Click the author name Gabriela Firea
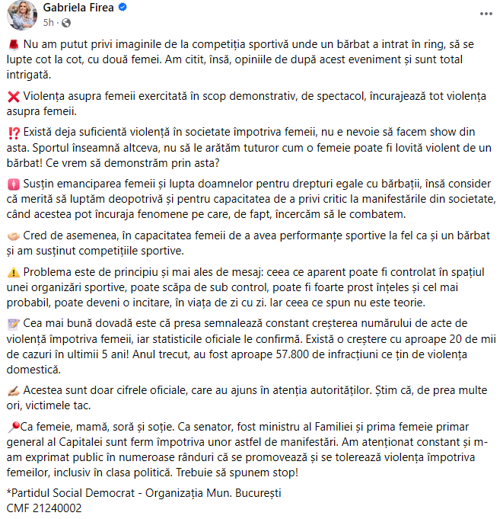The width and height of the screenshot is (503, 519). [78, 8]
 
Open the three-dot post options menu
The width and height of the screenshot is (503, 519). [484, 14]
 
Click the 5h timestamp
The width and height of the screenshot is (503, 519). [49, 23]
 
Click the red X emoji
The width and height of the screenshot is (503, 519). [12, 97]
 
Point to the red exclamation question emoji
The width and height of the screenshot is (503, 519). [12, 133]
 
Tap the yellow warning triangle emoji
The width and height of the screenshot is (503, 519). [12, 273]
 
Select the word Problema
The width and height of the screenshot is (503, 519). [49, 273]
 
